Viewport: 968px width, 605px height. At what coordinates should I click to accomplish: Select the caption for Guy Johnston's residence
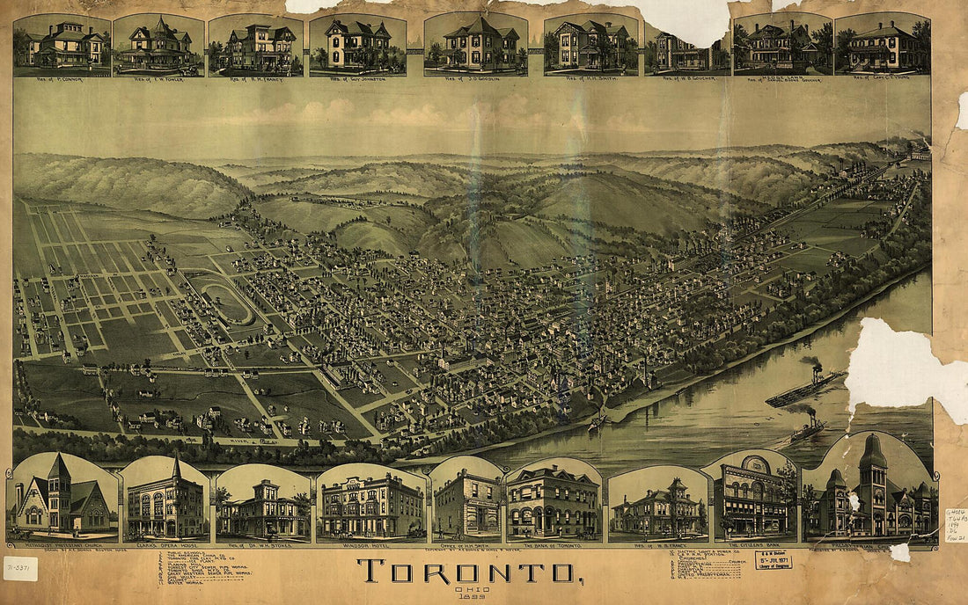click(x=357, y=78)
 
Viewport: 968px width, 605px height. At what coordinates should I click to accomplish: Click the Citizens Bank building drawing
click(x=749, y=499)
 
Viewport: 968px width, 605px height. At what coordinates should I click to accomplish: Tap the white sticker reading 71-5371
click(x=20, y=568)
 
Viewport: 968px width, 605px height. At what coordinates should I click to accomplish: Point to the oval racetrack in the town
click(x=224, y=302)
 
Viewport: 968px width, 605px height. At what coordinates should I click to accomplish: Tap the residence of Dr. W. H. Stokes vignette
click(x=263, y=506)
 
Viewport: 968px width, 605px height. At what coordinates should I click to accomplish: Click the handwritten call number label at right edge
click(x=955, y=526)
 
